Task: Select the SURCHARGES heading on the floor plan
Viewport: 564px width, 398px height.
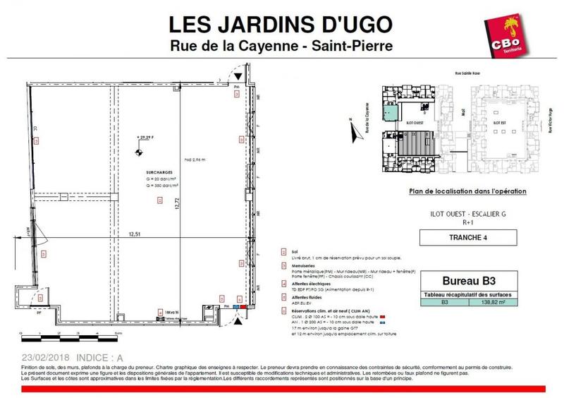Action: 148,171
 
